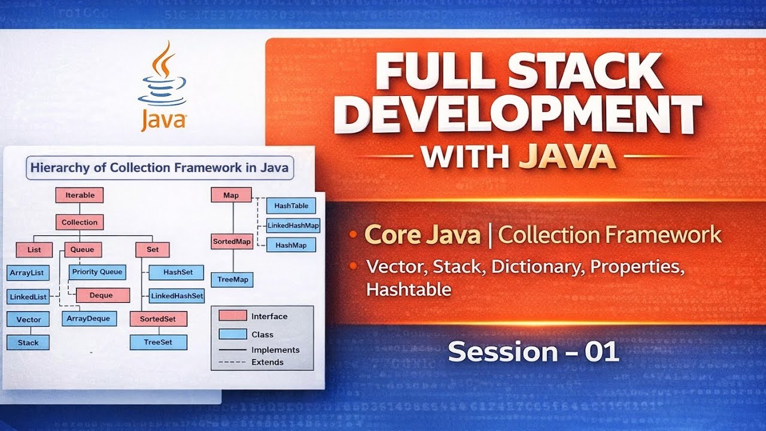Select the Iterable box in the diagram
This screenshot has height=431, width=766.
80,195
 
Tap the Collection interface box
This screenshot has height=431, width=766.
80,222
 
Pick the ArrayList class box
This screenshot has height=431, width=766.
28,273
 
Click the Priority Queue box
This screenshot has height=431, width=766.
97,272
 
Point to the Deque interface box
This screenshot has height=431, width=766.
102,295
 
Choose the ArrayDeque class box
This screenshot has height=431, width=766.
89,318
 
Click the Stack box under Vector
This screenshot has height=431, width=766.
28,342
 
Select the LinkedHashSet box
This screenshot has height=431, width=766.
177,296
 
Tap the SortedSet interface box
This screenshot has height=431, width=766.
158,319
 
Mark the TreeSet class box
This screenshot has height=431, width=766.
158,342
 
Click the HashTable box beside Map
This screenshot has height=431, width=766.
291,206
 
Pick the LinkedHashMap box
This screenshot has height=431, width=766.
293,226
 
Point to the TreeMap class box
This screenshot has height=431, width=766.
232,280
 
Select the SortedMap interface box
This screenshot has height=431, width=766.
232,242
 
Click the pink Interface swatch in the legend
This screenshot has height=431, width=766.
232,316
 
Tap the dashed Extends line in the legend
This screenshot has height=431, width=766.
232,362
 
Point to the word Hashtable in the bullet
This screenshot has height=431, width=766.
409,289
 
